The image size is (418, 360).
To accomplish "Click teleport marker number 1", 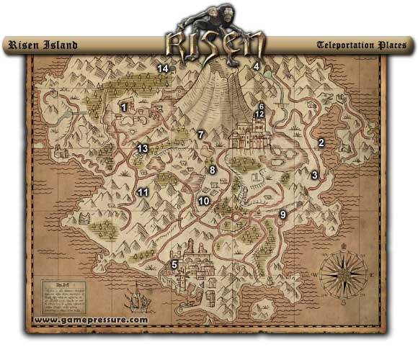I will pos(124,107).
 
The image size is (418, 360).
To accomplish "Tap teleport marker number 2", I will pos(321,143).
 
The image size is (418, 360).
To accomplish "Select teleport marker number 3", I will pos(314,175).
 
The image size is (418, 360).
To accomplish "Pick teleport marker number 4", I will pos(255,67).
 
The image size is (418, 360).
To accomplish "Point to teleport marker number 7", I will pos(201,135).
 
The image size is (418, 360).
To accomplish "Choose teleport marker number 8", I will pos(212,170).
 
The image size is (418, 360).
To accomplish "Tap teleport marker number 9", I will pos(283,215).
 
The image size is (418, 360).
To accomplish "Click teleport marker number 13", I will pos(143,149).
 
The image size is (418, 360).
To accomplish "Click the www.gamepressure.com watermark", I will pos(91,320).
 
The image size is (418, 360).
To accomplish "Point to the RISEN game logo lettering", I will pos(214,43).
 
